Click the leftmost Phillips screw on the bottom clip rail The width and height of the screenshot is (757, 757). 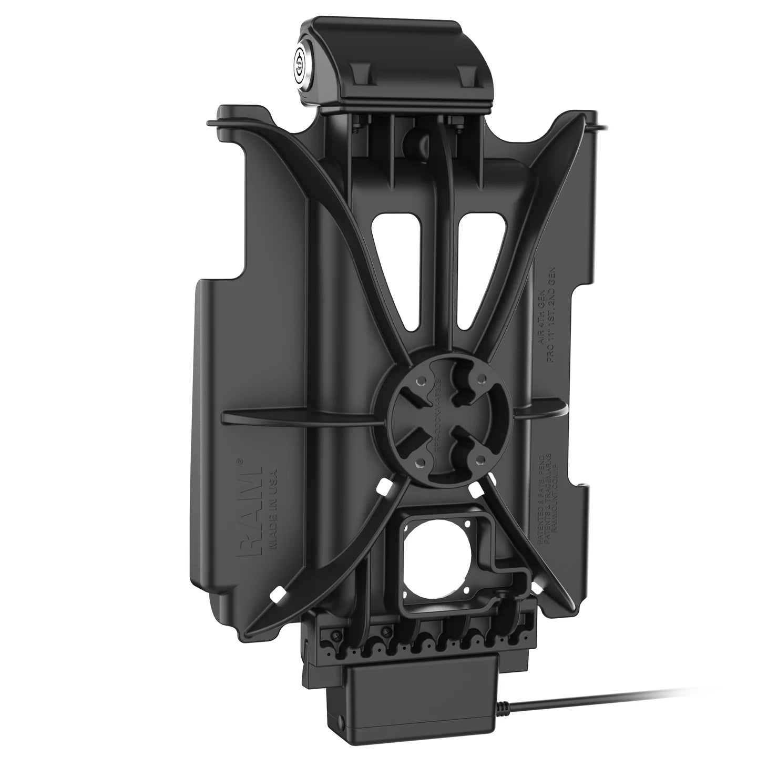(333, 633)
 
